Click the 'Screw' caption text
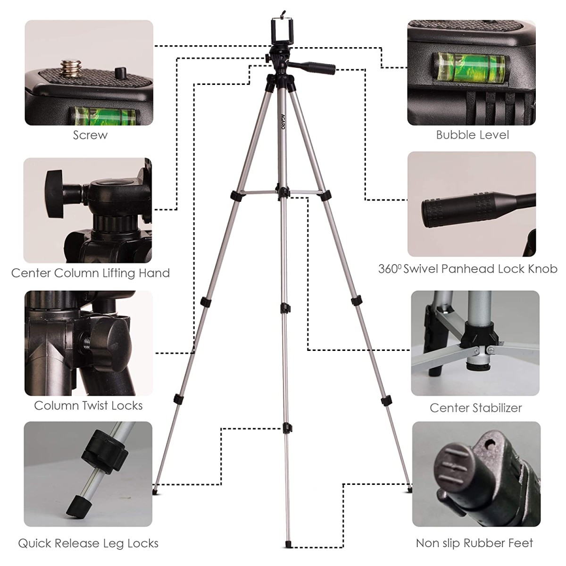[x=90, y=135]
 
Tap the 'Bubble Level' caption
[x=472, y=135]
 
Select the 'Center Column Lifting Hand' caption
[x=90, y=273]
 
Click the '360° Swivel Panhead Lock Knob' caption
[x=467, y=269]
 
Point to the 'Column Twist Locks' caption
[x=88, y=406]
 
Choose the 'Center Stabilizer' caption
[x=475, y=408]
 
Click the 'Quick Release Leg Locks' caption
[x=88, y=543]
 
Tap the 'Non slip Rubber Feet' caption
[x=474, y=543]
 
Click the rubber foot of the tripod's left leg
[x=156, y=492]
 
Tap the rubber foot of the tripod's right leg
[x=409, y=491]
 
